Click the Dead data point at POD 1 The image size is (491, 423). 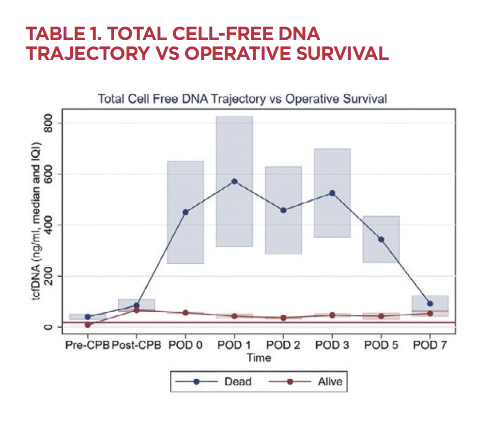234,181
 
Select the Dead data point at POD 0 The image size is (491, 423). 185,212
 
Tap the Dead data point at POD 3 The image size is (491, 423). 332,193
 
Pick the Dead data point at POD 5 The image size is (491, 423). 381,240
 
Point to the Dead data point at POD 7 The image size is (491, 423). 430,304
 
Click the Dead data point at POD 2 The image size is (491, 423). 283,211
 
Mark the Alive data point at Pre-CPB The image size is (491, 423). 88,325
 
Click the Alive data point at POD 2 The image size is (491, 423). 283,318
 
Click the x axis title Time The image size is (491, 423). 259,358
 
